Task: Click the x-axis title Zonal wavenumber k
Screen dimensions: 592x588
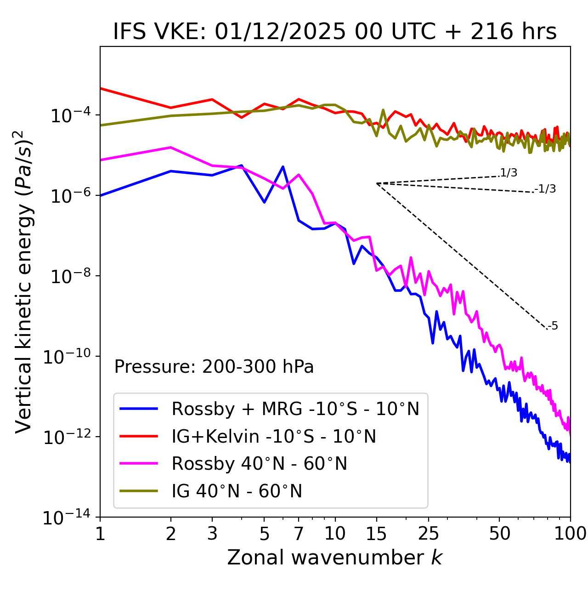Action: tap(335, 558)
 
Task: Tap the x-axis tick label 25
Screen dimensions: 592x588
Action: tap(429, 534)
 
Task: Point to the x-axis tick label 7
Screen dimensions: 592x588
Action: tap(299, 534)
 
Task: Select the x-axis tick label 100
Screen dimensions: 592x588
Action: tap(570, 534)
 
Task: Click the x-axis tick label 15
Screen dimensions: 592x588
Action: tap(376, 534)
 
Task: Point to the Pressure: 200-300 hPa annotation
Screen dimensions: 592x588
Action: tap(214, 367)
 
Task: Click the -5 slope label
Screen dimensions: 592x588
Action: tap(553, 326)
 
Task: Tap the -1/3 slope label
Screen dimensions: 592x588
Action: tap(546, 189)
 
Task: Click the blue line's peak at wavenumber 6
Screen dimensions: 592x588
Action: tap(283, 166)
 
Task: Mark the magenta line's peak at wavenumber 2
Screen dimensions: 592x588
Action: tap(171, 147)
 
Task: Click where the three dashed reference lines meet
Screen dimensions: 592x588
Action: tap(377, 183)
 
